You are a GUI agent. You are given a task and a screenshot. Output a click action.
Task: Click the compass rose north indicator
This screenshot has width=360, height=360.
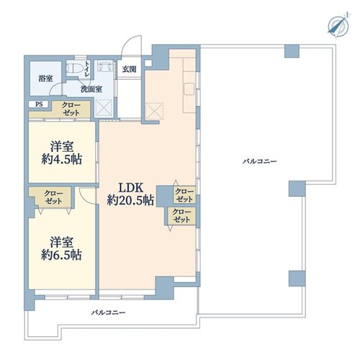[x=338, y=25]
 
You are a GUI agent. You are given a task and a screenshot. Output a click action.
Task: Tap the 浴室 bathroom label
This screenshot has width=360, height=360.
[x=45, y=78]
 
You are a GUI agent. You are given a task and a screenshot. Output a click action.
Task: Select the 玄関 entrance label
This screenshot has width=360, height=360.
[x=130, y=69]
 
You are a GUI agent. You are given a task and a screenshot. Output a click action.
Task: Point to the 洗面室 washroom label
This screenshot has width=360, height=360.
[x=91, y=89]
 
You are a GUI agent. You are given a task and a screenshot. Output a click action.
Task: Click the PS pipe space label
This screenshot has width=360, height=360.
[x=39, y=104]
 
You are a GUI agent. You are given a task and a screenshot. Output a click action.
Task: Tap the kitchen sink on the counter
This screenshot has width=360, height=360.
[x=189, y=89]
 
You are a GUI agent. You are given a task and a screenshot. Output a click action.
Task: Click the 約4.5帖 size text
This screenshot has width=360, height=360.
[x=62, y=159]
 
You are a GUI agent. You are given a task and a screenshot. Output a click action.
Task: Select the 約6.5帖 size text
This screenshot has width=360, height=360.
[x=62, y=255]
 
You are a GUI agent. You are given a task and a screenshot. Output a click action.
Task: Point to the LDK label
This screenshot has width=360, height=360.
[x=131, y=188]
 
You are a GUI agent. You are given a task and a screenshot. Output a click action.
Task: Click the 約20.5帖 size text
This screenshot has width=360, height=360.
[x=130, y=200]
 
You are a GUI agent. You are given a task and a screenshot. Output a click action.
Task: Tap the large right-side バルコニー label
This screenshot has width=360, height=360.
[x=259, y=161]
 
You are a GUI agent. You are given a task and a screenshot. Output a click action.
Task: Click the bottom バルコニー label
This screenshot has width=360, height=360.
[x=108, y=312]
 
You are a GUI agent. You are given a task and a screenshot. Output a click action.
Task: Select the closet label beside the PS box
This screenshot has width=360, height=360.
[x=71, y=109]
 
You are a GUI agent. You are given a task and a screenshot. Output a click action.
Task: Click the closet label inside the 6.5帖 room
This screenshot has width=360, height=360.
[x=53, y=197]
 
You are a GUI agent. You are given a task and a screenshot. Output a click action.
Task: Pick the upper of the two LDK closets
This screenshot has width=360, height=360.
[x=184, y=195]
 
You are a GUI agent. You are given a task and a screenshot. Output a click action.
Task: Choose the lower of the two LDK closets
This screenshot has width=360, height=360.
[x=181, y=216]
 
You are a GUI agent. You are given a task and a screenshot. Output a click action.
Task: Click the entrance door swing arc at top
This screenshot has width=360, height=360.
[x=131, y=45]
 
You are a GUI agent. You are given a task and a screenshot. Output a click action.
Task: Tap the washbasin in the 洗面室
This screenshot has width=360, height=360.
[x=105, y=67]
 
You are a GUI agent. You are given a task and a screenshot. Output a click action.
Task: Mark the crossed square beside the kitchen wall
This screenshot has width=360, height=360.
[x=154, y=111]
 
